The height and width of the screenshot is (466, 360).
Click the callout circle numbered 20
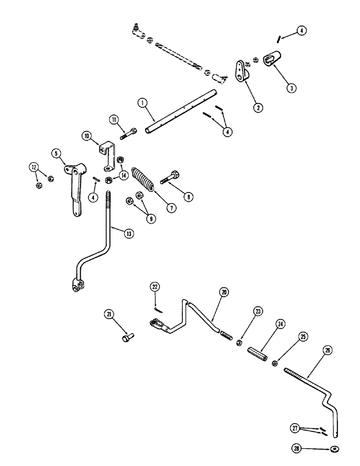[x=223, y=293]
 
